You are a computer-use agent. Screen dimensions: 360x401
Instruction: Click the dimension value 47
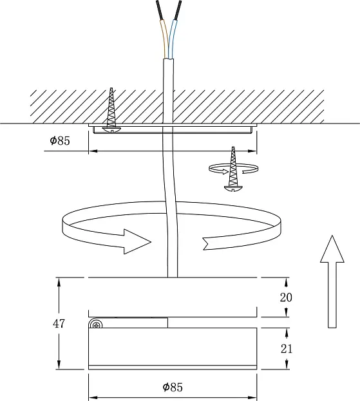(x=59, y=324)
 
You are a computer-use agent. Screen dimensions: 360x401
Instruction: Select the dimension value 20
(x=286, y=297)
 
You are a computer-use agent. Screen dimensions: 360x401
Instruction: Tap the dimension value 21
(x=287, y=349)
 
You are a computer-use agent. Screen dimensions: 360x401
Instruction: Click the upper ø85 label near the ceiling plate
(x=60, y=140)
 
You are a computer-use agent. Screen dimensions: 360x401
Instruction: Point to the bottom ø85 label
(x=173, y=387)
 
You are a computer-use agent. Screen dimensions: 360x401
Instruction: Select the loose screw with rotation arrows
(x=233, y=169)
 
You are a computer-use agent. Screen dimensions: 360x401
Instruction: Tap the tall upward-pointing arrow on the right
(x=332, y=281)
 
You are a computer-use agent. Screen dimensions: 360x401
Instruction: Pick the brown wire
(x=165, y=39)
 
